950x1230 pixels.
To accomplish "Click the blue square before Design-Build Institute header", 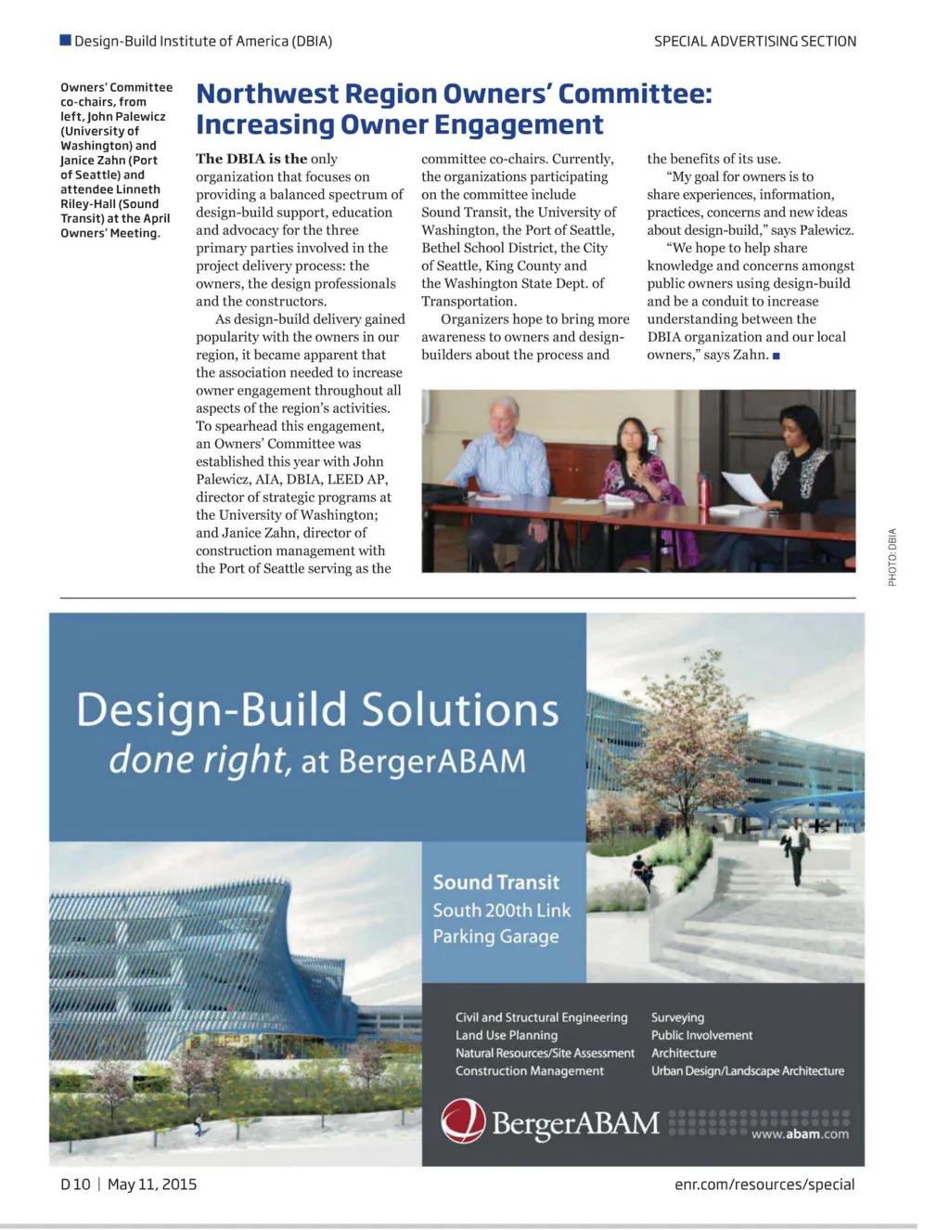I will (65, 40).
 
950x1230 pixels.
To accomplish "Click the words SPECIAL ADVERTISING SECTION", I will (754, 41).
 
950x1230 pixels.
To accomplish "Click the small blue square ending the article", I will (776, 356).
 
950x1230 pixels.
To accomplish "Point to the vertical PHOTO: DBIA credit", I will (892, 557).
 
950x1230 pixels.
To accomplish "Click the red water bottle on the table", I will (704, 492).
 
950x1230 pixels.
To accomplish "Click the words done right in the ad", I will (197, 760).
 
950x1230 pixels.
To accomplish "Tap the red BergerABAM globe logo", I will (463, 1120).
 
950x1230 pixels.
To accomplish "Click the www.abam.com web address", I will (799, 1133).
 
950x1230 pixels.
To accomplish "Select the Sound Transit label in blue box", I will (495, 882).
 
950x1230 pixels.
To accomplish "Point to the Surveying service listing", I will (677, 1017).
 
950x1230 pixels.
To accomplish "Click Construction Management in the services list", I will (529, 1070).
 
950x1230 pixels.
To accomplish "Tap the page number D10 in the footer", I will (75, 1184).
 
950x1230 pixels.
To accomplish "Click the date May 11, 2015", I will (152, 1184).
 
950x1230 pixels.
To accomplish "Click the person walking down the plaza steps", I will (796, 849).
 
